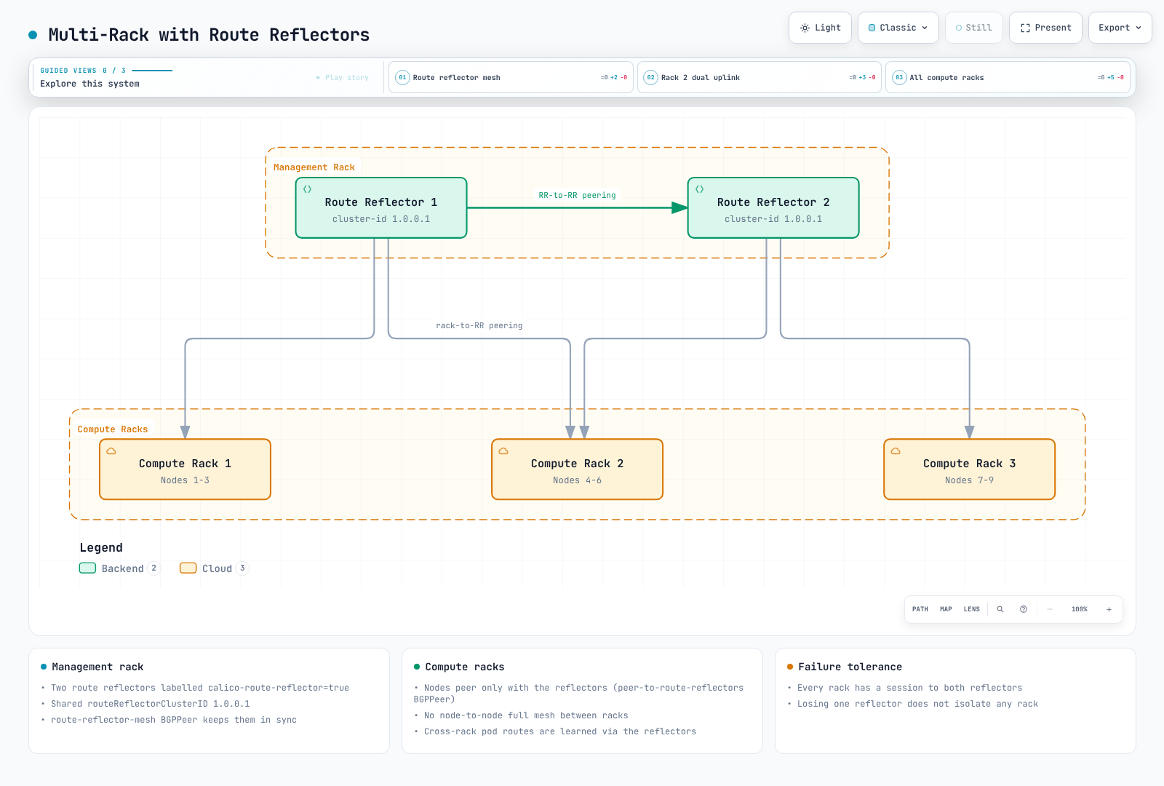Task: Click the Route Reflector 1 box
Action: pos(381,208)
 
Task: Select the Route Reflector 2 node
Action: pos(773,208)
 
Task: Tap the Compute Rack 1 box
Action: pos(185,469)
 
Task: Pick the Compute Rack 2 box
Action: pos(578,469)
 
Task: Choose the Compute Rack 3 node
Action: pos(970,469)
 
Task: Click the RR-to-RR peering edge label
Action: pos(577,195)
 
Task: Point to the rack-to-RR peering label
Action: pos(479,325)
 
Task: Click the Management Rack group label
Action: pos(314,167)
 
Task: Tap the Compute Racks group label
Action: pos(112,429)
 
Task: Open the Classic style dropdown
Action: pos(898,28)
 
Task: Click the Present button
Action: pos(1045,28)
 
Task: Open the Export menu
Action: pos(1120,28)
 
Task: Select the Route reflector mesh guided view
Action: pos(511,77)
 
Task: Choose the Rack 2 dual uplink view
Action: pos(760,77)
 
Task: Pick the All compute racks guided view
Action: pos(1008,77)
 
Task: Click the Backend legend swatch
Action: pos(87,568)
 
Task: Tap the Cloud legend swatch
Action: pos(188,568)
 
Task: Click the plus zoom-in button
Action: pos(1109,609)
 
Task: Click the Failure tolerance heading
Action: pos(850,667)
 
